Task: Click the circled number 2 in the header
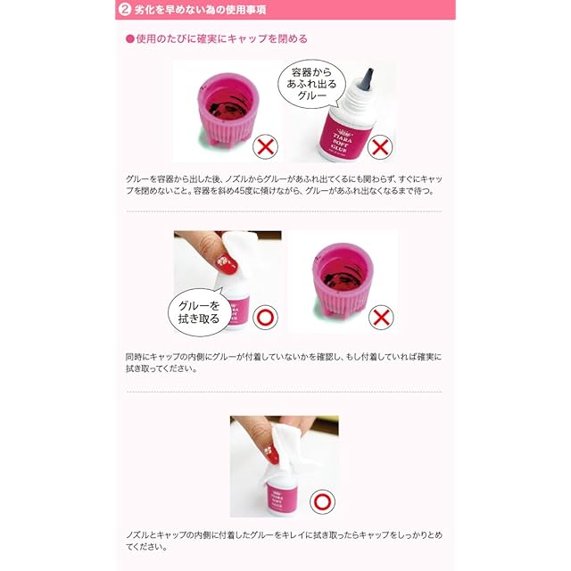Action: click(125, 10)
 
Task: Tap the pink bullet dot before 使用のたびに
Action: click(130, 39)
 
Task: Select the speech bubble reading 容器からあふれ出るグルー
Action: click(311, 84)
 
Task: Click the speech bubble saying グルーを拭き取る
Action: click(199, 312)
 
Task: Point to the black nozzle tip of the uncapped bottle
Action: click(368, 79)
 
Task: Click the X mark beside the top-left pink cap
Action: click(266, 146)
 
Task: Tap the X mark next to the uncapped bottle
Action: click(380, 147)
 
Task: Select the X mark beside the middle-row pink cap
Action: click(381, 318)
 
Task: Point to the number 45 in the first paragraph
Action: click(240, 191)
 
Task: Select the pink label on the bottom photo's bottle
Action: click(281, 496)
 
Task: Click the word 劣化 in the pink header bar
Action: click(145, 10)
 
